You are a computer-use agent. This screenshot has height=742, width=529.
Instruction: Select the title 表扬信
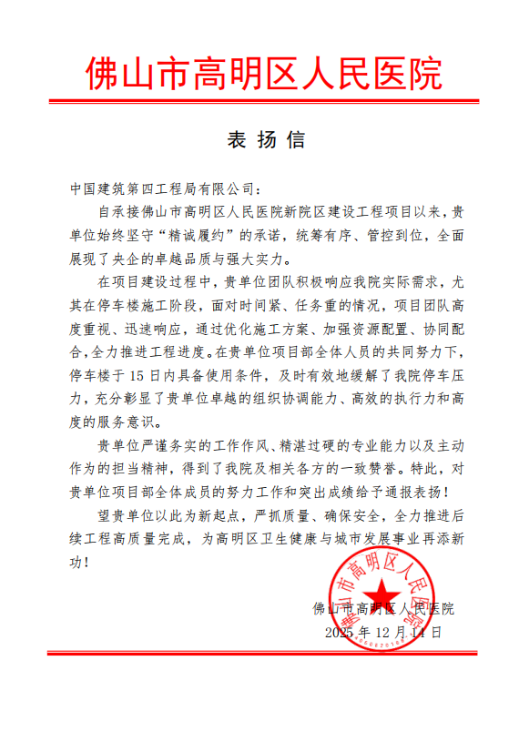click(x=264, y=141)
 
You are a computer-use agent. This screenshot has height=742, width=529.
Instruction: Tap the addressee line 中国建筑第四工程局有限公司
click(x=164, y=188)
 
